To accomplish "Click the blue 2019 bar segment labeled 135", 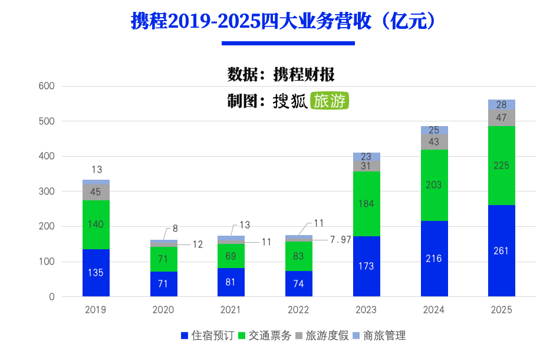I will [x=96, y=273].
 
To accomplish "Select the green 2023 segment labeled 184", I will [x=366, y=204].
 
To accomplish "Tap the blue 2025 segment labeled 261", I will [x=501, y=250].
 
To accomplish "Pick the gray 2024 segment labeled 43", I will [x=434, y=142].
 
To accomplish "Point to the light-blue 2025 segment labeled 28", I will [x=501, y=105].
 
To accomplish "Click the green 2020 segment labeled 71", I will [x=163, y=259].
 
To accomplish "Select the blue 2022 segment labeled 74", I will [x=299, y=283].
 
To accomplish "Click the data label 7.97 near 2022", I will [x=340, y=239].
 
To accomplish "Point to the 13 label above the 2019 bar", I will [x=97, y=170].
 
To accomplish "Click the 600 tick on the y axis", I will [x=47, y=86].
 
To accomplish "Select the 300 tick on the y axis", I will [x=47, y=191].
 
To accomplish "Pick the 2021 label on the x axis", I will [x=231, y=310].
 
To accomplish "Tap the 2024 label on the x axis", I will [x=434, y=310].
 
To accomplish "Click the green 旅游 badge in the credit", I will [x=330, y=101].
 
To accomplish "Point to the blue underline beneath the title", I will [x=288, y=43].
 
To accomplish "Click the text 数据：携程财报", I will [x=281, y=75].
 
